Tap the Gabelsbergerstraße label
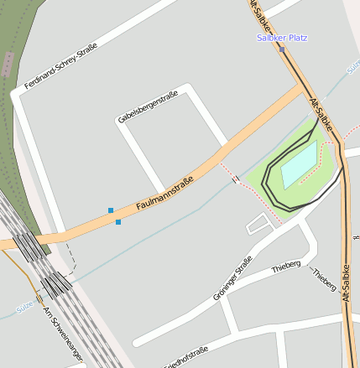pyautogui.click(x=148, y=106)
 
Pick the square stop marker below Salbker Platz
pyautogui.click(x=283, y=49)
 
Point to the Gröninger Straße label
pyautogui.click(x=232, y=278)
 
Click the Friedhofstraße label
pyautogui.click(x=185, y=358)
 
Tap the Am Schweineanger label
pyautogui.click(x=64, y=334)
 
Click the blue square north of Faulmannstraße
pyautogui.click(x=111, y=210)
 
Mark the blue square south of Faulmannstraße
pyautogui.click(x=118, y=222)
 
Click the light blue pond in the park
pyautogui.click(x=300, y=165)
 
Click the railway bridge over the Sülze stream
pyautogui.click(x=57, y=285)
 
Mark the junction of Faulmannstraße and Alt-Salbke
pyautogui.click(x=303, y=91)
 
